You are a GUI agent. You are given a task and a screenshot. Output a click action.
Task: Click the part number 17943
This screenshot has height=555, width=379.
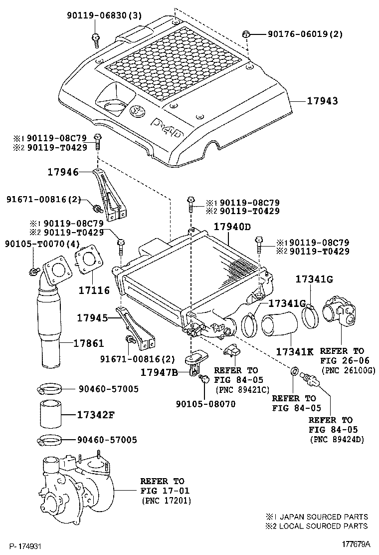pyautogui.click(x=322, y=101)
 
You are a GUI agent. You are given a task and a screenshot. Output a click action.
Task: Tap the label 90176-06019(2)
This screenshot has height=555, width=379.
pyautogui.click(x=305, y=34)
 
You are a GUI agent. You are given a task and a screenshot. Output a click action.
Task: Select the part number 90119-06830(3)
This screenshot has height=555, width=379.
pyautogui.click(x=104, y=15)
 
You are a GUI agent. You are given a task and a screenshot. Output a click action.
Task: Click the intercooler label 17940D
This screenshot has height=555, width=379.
pyautogui.click(x=232, y=227)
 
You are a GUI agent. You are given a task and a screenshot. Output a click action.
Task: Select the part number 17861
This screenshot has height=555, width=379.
pyautogui.click(x=89, y=343)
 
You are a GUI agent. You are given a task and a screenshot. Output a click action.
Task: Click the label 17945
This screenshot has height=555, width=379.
pyautogui.click(x=92, y=317)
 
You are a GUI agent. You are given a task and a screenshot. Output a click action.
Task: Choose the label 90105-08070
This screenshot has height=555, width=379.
pyautogui.click(x=206, y=404)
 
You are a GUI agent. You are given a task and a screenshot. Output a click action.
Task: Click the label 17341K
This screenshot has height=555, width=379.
pyautogui.click(x=295, y=352)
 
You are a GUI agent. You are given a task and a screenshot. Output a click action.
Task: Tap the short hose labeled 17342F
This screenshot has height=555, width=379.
pyautogui.click(x=50, y=414)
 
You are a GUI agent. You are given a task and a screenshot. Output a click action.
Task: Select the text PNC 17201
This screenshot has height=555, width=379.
pyautogui.click(x=166, y=501)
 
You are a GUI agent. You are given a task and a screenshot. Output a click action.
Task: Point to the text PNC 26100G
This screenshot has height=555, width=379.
pyautogui.click(x=348, y=370)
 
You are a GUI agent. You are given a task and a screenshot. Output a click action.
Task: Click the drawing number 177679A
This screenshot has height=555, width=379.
pyautogui.click(x=355, y=544)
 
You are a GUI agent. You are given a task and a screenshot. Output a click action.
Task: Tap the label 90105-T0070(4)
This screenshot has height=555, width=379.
pyautogui.click(x=42, y=244)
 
